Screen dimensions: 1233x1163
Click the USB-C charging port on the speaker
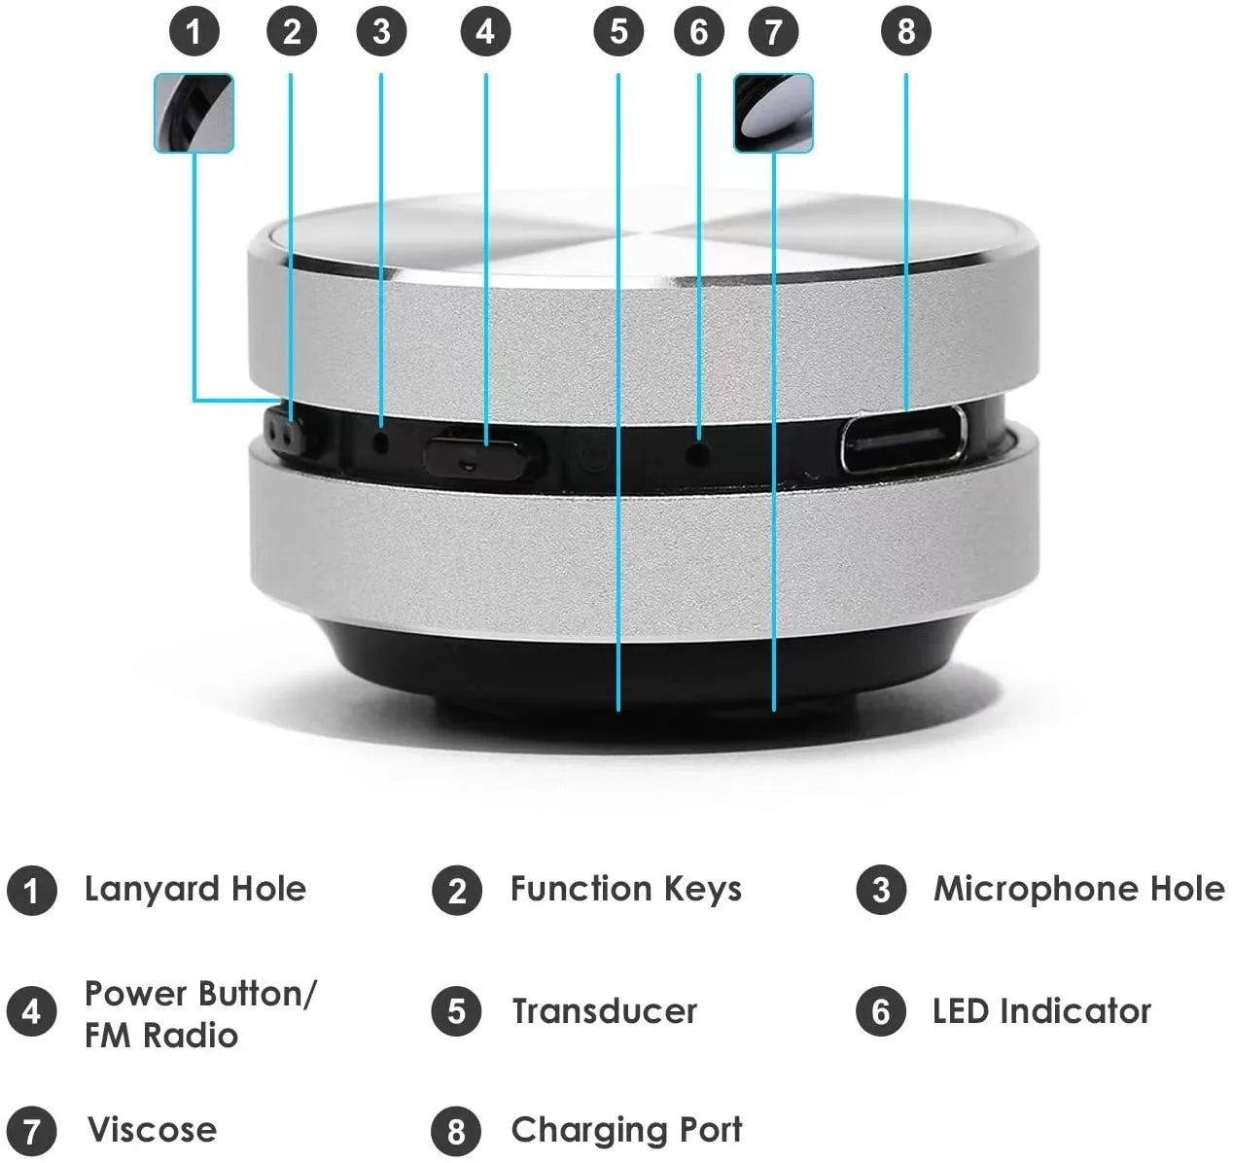tap(903, 440)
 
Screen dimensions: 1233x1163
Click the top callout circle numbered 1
tap(194, 32)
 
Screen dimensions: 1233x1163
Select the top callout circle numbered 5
tap(618, 32)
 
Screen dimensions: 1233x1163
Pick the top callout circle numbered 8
tap(905, 32)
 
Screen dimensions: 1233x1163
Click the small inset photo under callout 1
tap(194, 113)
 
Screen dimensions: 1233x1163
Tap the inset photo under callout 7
tap(773, 113)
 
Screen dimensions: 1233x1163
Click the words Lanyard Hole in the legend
tap(194, 889)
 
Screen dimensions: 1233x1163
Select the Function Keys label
tap(625, 889)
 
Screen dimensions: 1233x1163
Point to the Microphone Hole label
tap(1078, 889)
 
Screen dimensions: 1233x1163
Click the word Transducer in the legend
tap(604, 1011)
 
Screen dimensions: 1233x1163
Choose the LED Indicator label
tap(1040, 1011)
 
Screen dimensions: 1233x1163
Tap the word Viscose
tap(152, 1130)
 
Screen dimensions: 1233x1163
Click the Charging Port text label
tap(625, 1130)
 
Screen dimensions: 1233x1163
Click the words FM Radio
tap(160, 1035)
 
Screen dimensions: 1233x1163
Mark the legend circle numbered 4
tap(31, 1011)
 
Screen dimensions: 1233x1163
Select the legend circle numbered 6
tap(881, 1011)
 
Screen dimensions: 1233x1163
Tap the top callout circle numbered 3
tap(381, 32)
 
